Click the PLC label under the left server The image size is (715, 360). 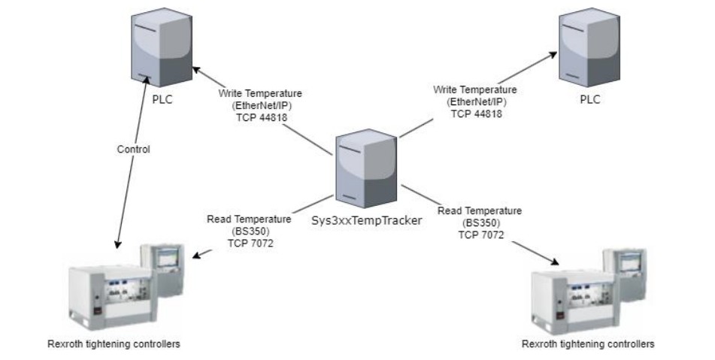(x=162, y=101)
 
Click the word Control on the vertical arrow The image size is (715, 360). (x=134, y=150)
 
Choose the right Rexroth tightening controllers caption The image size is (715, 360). (x=588, y=344)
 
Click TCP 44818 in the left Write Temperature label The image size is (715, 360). (x=260, y=116)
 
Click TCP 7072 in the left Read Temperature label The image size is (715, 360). (x=249, y=242)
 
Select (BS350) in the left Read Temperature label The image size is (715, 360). (x=249, y=231)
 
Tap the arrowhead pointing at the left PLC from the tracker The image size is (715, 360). (x=196, y=70)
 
